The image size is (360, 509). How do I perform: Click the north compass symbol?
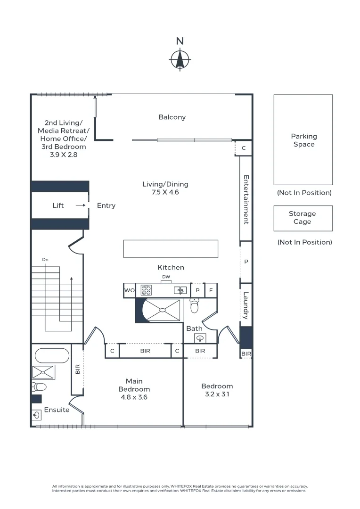point(180,59)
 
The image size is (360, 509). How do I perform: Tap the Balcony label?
point(172,117)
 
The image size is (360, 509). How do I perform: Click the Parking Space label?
point(303,140)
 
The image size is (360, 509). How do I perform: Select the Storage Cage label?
point(303,218)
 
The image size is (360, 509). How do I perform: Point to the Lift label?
point(58,205)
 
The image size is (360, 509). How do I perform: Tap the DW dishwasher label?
point(166,277)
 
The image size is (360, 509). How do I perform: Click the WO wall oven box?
point(129,291)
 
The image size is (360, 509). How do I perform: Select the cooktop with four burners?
point(146,290)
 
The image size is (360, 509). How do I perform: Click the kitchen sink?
point(180,290)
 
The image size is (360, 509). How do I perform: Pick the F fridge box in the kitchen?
point(211,291)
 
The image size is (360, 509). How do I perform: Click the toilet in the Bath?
point(194,306)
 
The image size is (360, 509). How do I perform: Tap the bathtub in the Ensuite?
point(51,356)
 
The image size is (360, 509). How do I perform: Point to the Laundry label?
point(246,305)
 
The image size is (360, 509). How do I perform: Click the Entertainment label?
point(246,199)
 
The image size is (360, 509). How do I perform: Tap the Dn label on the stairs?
point(45,260)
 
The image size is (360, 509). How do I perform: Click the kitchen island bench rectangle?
point(171,249)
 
